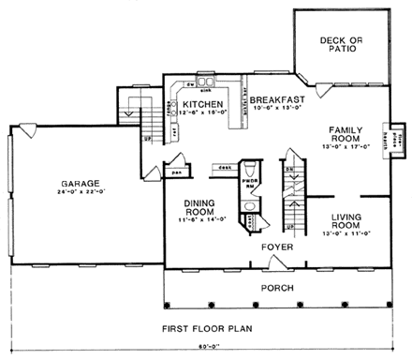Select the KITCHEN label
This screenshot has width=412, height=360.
point(201,104)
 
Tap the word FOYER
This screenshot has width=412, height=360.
point(278,247)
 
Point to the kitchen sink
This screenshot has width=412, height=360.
point(201,82)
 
